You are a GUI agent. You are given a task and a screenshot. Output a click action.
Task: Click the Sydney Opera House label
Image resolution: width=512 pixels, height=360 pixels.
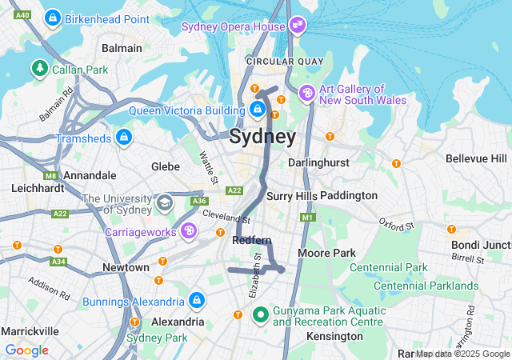tap(234, 26)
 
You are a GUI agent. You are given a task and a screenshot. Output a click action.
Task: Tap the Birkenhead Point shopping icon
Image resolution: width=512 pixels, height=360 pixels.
tap(53, 17)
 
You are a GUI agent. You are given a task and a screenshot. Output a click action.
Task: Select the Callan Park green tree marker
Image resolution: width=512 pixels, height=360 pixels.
tap(39, 69)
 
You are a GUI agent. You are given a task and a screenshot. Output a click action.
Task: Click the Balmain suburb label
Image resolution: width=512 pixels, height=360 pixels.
tap(122, 48)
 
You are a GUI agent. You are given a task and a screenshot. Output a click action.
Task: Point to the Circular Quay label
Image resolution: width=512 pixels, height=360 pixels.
tap(285, 62)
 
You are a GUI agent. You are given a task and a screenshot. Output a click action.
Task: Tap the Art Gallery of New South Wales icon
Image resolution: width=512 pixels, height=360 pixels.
tap(306, 94)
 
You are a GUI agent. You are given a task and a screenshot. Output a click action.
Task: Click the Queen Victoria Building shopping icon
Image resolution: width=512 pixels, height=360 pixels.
tap(258, 109)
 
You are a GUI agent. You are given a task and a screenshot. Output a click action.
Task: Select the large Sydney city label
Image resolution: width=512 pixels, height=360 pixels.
tap(262, 136)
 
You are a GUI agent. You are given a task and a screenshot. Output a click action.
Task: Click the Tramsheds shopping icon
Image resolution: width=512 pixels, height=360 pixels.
tap(123, 138)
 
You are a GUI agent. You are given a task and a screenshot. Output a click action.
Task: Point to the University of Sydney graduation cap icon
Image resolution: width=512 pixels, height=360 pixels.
tap(165, 203)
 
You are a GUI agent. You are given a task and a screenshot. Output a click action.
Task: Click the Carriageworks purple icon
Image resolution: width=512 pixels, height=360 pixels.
tap(189, 231)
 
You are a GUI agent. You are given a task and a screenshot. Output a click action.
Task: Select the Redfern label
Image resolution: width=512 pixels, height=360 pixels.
tap(252, 240)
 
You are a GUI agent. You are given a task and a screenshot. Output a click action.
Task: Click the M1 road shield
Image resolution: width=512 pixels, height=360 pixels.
tap(309, 217)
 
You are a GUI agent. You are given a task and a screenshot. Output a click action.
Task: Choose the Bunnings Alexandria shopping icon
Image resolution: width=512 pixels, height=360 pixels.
tap(196, 302)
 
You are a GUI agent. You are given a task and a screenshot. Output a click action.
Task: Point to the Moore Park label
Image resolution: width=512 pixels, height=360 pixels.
tap(326, 253)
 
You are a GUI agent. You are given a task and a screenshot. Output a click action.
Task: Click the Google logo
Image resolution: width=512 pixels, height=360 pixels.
tap(26, 350)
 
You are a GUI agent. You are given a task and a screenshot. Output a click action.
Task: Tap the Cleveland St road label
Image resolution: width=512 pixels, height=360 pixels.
tap(227, 216)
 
